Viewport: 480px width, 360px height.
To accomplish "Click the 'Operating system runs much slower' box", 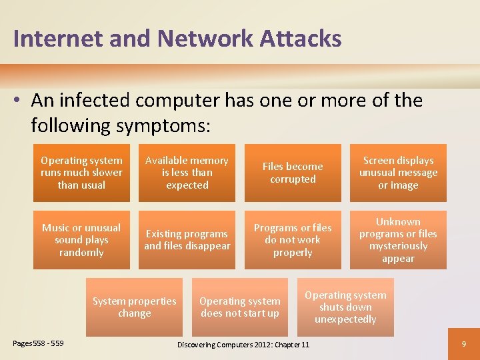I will pos(81,173).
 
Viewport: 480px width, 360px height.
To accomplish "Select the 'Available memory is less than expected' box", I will pos(187,173).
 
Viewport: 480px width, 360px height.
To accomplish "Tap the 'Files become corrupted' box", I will pos(293,173).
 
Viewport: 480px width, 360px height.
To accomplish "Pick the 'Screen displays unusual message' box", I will pos(398,173).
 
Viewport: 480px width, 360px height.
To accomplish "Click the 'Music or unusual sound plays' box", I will pos(81,240).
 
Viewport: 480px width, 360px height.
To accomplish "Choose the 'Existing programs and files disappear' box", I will pos(187,240).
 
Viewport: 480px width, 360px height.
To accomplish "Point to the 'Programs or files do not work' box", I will pos(293,240).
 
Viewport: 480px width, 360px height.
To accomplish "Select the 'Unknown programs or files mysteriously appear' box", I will pos(398,240).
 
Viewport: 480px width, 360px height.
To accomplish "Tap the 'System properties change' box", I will pos(134,307).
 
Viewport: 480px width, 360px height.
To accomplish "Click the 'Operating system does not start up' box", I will pos(240,307).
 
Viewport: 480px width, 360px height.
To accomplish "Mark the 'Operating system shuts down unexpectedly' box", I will pos(345,307).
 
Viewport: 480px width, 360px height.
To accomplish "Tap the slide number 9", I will pos(463,344).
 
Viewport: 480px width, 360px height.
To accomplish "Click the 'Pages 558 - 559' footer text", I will pos(39,343).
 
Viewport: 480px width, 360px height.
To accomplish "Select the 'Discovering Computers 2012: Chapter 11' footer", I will pos(243,344).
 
